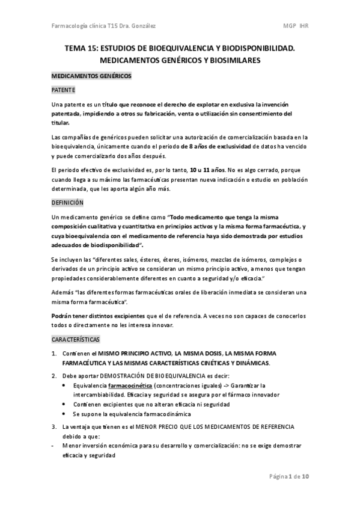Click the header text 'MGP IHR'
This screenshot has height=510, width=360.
(297, 26)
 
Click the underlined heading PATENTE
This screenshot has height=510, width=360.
(63, 90)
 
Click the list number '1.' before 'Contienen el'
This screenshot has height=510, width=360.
(54, 353)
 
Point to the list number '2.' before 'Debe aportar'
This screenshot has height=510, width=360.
(54, 375)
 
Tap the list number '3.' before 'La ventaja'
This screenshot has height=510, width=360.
(54, 426)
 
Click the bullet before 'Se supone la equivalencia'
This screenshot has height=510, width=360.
(64, 414)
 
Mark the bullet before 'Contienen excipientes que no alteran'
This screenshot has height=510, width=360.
(64, 405)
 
